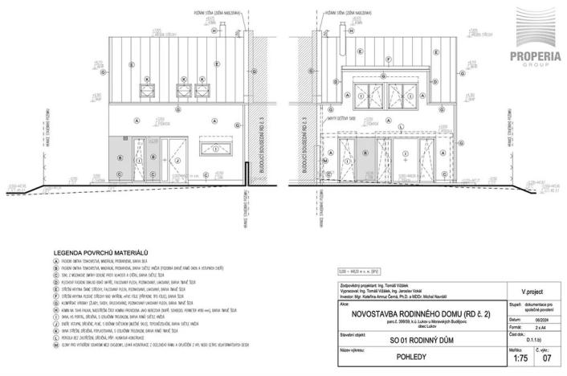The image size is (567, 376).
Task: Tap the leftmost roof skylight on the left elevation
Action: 149,91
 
